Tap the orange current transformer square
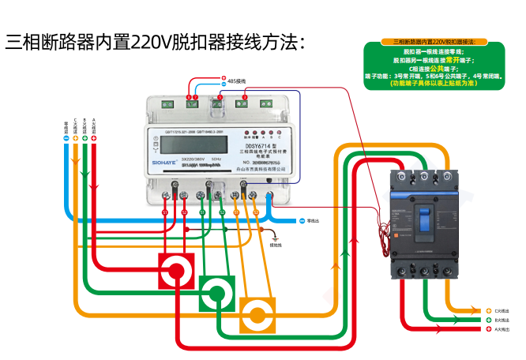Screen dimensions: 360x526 pyautogui.click(x=257, y=316)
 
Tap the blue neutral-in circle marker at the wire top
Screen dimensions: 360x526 pyautogui.click(x=66, y=139)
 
